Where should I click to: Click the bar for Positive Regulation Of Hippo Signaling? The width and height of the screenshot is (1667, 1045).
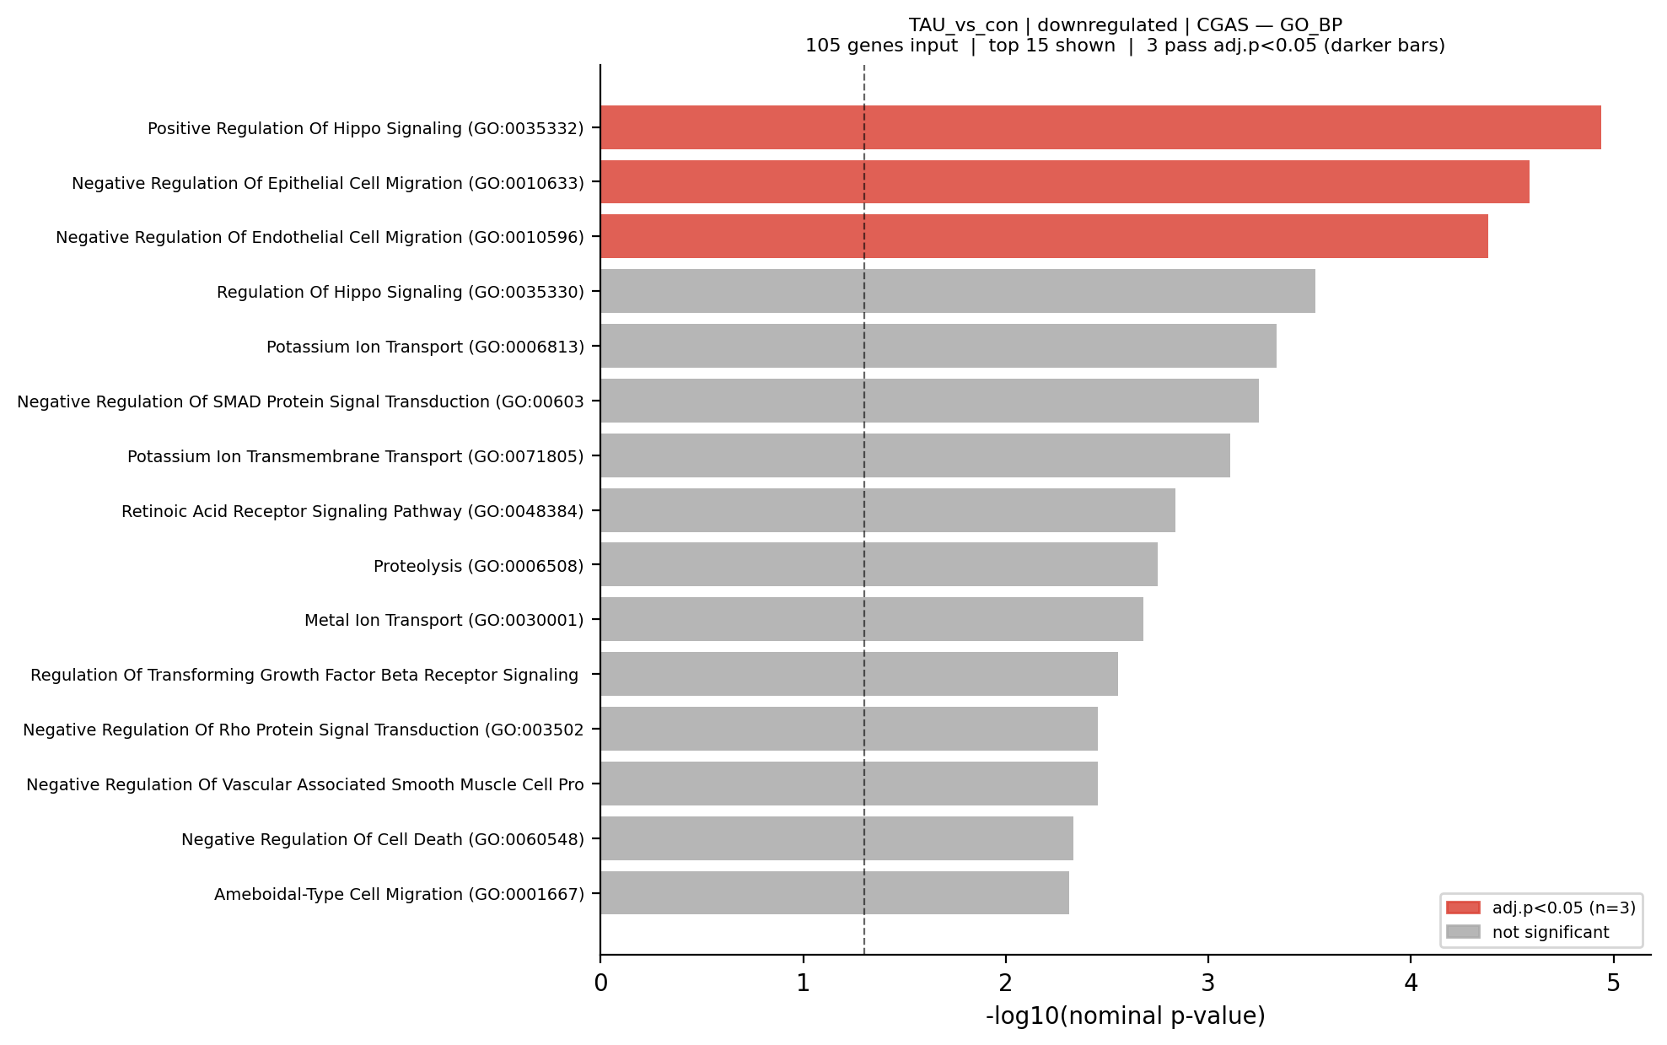(x=1100, y=127)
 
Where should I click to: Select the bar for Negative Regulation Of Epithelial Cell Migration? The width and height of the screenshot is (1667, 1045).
(x=1064, y=182)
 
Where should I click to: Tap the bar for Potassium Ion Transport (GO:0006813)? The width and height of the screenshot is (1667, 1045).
(x=938, y=346)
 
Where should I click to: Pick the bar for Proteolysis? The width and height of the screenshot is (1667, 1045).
(x=879, y=564)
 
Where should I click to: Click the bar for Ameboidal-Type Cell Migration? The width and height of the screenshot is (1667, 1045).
(x=834, y=892)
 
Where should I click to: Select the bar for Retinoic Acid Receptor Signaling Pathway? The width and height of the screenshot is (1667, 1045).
(x=887, y=510)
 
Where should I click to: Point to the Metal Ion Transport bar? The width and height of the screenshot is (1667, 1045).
(x=871, y=619)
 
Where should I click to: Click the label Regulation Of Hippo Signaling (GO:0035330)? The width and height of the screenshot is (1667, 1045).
(x=400, y=292)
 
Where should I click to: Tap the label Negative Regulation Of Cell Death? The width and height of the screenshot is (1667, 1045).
(x=382, y=839)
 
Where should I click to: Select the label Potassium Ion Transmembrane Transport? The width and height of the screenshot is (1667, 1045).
(x=355, y=456)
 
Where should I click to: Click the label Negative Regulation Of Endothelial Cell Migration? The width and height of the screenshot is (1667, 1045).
(x=320, y=237)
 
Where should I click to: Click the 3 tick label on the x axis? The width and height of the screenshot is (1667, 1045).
(x=1208, y=983)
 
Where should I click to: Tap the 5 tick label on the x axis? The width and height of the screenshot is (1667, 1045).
(x=1613, y=983)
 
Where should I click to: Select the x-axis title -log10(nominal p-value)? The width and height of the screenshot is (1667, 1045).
(x=1125, y=1016)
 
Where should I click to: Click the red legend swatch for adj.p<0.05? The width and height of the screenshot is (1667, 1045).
(x=1462, y=908)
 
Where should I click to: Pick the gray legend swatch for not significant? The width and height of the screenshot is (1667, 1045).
(x=1462, y=932)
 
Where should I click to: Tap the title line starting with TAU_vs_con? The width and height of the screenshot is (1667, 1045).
(x=1125, y=25)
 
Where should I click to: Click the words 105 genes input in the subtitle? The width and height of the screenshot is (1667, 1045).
(x=881, y=46)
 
